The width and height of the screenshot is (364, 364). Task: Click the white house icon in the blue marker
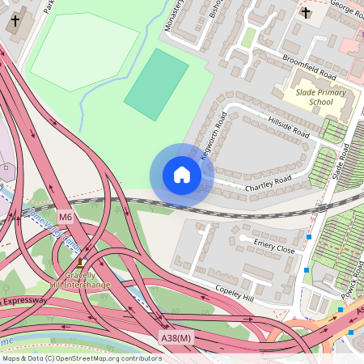pyautogui.click(x=182, y=175)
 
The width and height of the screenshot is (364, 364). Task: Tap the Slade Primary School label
pyautogui.click(x=309, y=97)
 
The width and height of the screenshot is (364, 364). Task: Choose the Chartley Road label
pyautogui.click(x=269, y=184)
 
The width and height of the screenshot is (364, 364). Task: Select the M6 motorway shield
pyautogui.click(x=66, y=216)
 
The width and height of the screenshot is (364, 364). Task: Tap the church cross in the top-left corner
pyautogui.click(x=15, y=20)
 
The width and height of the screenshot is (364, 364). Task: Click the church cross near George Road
pyautogui.click(x=306, y=13)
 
